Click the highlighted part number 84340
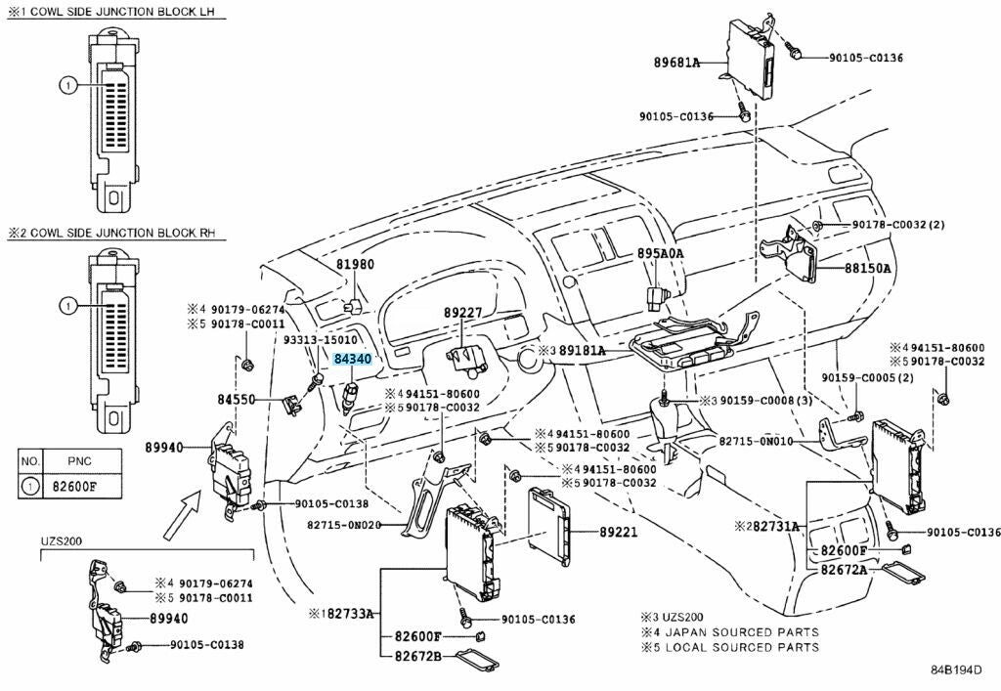(x=352, y=360)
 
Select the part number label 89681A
(x=676, y=63)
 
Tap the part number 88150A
(x=868, y=266)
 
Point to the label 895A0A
(x=661, y=254)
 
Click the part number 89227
(x=463, y=313)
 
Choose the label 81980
(x=356, y=265)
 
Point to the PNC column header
(x=79, y=459)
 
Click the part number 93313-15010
(x=321, y=339)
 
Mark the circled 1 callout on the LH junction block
(x=66, y=86)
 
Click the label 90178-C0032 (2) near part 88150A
(x=898, y=225)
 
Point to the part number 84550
(x=236, y=400)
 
